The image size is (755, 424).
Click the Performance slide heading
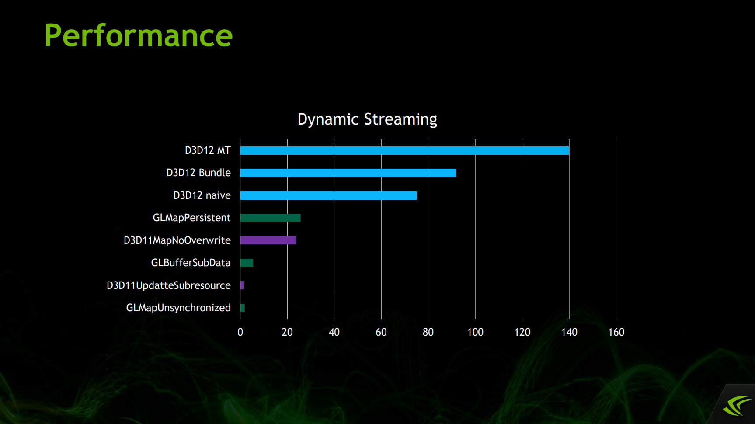(138, 35)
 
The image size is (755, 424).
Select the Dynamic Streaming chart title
(367, 119)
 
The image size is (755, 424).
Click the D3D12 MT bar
(404, 150)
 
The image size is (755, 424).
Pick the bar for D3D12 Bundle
(348, 173)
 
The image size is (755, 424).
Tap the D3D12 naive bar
(328, 195)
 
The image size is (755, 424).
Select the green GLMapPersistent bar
(270, 218)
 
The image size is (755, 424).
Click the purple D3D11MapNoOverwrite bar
(268, 240)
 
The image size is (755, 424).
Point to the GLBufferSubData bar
(247, 263)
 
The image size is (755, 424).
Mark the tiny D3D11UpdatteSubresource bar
(242, 285)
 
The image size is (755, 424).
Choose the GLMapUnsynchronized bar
(243, 308)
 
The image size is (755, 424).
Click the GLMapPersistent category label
(191, 218)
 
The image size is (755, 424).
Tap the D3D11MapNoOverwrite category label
(177, 240)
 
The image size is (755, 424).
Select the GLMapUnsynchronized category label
(178, 308)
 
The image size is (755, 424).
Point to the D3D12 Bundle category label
(198, 173)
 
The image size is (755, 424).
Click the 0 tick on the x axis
(240, 332)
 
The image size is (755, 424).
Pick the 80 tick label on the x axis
(428, 332)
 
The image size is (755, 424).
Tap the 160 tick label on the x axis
(616, 332)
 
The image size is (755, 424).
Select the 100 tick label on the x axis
(475, 332)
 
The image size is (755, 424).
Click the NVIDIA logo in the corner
(737, 406)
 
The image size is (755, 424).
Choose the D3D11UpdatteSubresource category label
(169, 285)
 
